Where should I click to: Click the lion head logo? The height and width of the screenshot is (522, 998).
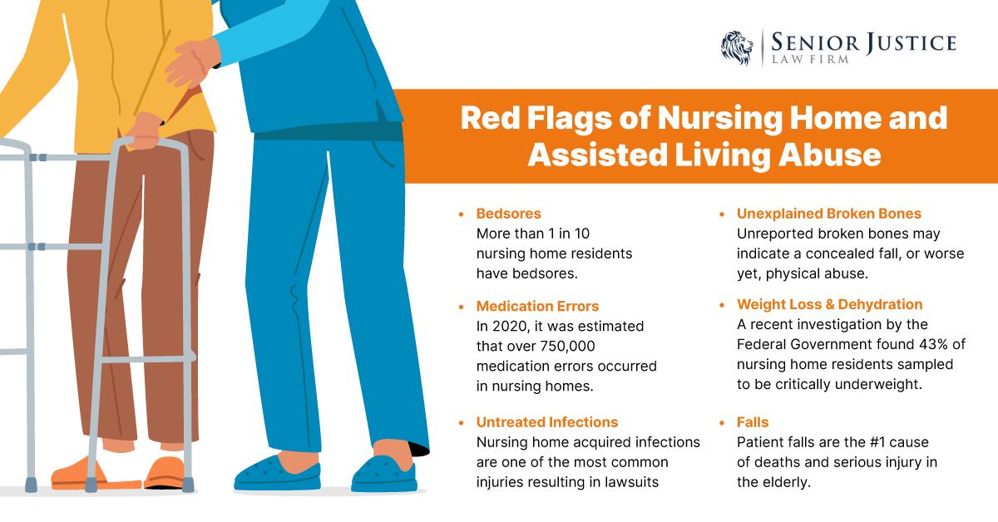tap(737, 48)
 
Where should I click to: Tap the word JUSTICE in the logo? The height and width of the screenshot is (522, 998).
tap(911, 42)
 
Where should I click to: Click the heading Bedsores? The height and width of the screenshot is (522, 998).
tap(508, 214)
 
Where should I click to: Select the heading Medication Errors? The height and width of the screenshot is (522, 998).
tap(537, 306)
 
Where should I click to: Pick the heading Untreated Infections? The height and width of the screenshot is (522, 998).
tap(547, 421)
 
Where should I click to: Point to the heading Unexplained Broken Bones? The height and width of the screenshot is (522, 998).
tap(828, 214)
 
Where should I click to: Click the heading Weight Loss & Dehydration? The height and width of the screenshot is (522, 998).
tap(830, 304)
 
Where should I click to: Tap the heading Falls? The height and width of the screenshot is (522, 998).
tap(753, 421)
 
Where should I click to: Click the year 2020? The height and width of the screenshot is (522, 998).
tap(510, 326)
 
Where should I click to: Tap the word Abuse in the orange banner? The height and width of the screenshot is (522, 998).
tap(830, 155)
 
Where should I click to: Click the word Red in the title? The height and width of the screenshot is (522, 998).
tap(490, 118)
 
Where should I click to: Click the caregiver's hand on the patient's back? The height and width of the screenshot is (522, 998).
tap(191, 62)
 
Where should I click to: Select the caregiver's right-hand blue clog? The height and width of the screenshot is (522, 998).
tap(384, 473)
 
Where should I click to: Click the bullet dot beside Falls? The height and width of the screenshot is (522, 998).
tap(722, 422)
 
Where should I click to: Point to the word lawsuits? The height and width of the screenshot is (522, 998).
tap(631, 482)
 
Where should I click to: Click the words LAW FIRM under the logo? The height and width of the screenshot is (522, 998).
tap(810, 59)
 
